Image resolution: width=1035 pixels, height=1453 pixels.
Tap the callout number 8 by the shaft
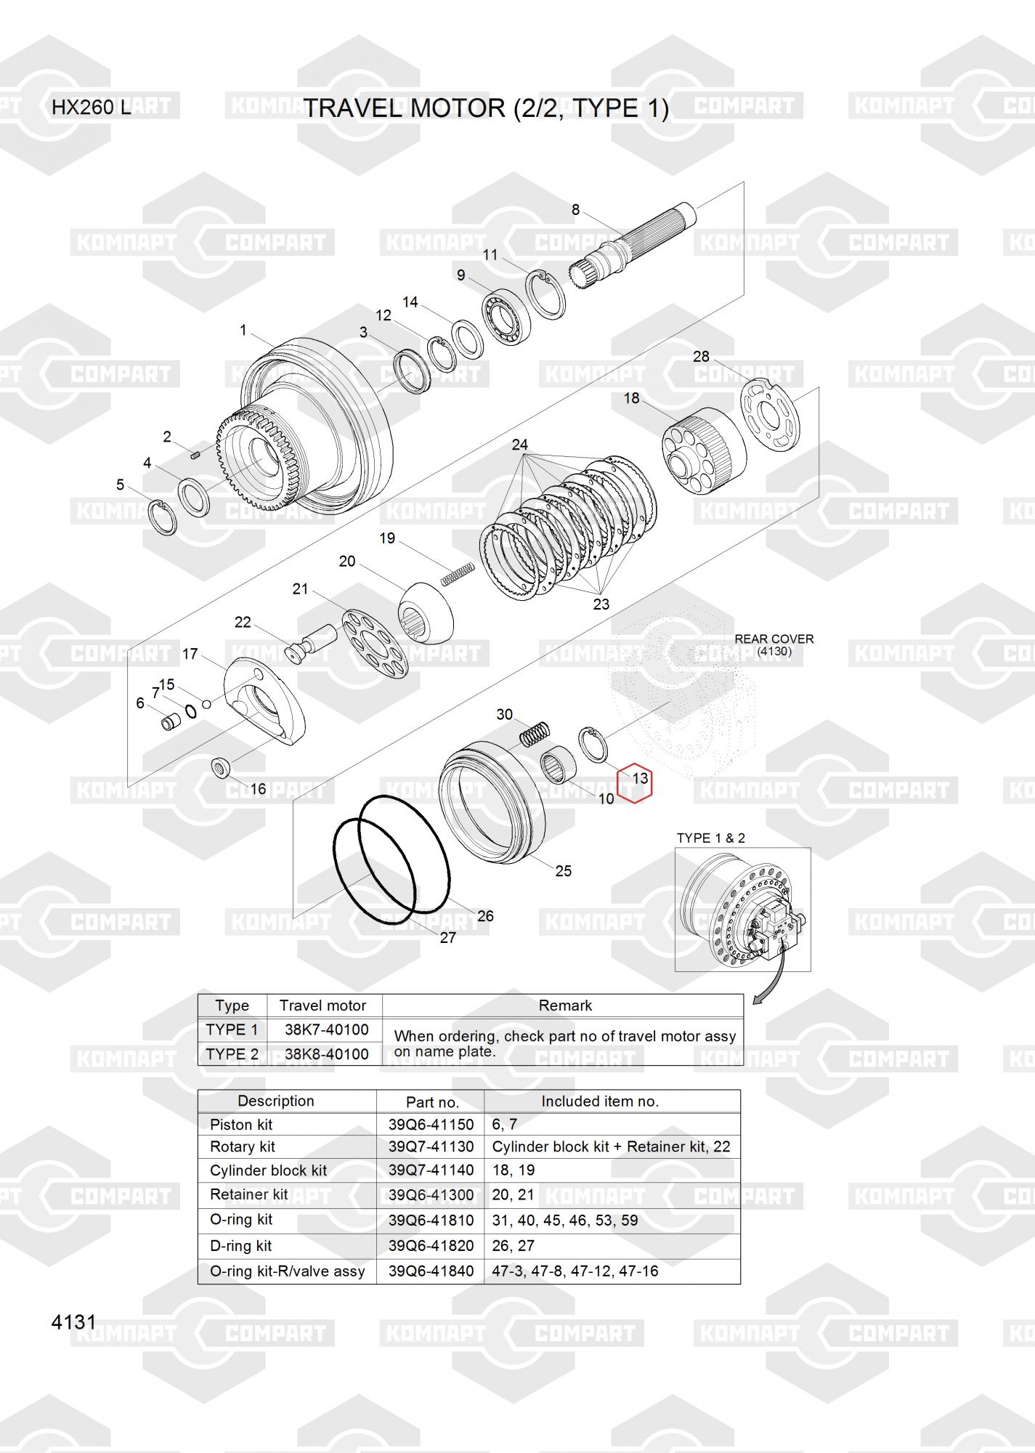[575, 210]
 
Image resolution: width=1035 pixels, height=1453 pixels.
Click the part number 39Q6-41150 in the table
[431, 1125]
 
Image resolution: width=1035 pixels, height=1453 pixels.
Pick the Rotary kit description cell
[243, 1146]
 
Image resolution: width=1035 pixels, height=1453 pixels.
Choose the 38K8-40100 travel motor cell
[326, 1054]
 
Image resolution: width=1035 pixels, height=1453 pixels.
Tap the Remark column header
[565, 1005]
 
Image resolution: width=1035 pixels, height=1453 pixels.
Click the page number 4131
[73, 1322]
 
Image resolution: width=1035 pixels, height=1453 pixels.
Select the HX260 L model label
[92, 108]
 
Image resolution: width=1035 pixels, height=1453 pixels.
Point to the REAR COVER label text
[774, 639]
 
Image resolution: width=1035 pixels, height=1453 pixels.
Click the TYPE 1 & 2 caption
[711, 838]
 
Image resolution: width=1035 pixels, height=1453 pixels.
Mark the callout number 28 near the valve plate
[701, 356]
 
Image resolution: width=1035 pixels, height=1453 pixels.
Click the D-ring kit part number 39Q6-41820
[431, 1245]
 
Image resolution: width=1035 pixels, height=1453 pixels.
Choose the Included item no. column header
[600, 1101]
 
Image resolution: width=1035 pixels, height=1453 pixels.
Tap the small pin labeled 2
[195, 456]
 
